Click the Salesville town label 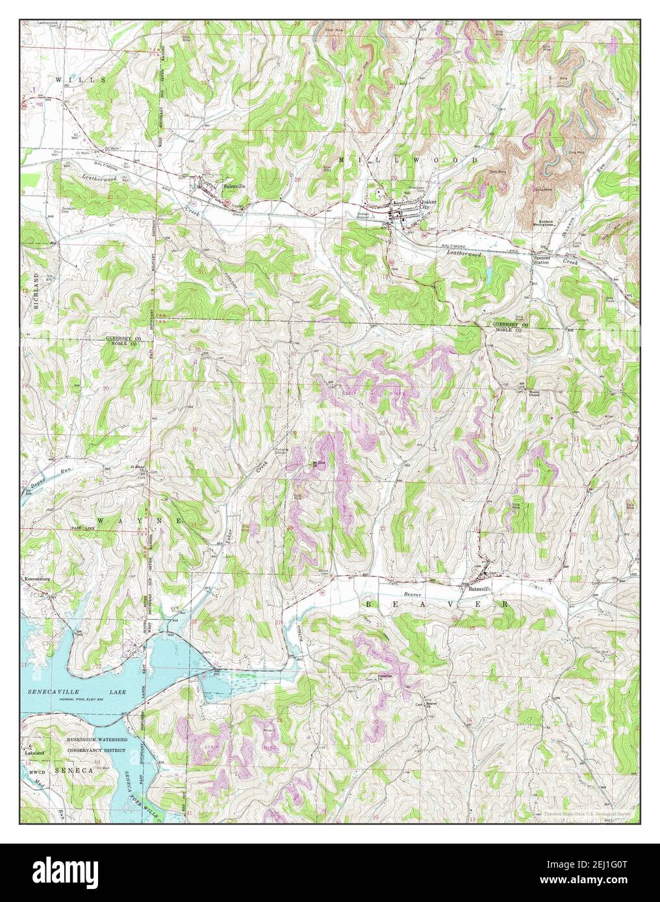pos(235,186)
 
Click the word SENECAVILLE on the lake pos(49,693)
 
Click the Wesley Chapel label pos(534,393)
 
